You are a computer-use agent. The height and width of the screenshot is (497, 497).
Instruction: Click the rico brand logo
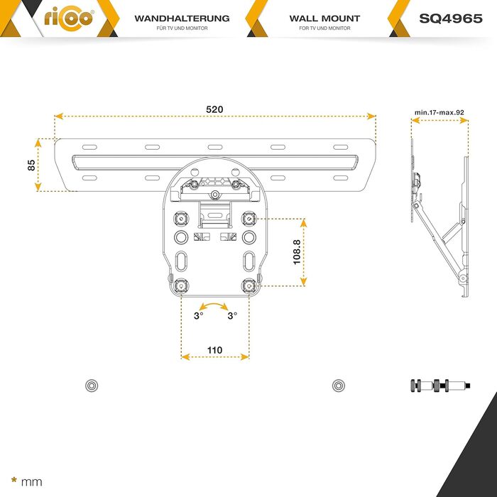[69, 18]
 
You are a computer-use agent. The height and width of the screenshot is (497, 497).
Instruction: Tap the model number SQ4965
[451, 18]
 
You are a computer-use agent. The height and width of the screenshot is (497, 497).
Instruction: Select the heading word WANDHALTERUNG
[182, 18]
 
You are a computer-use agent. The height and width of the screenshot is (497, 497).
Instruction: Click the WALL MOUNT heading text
[324, 18]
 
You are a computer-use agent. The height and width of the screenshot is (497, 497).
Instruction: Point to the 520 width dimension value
[214, 109]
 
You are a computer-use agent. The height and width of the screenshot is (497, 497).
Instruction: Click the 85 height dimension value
[31, 165]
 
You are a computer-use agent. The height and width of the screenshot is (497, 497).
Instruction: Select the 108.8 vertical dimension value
[297, 252]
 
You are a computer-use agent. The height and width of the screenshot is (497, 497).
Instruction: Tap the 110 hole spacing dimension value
[214, 350]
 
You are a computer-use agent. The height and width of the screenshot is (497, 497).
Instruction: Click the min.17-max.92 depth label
[439, 112]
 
